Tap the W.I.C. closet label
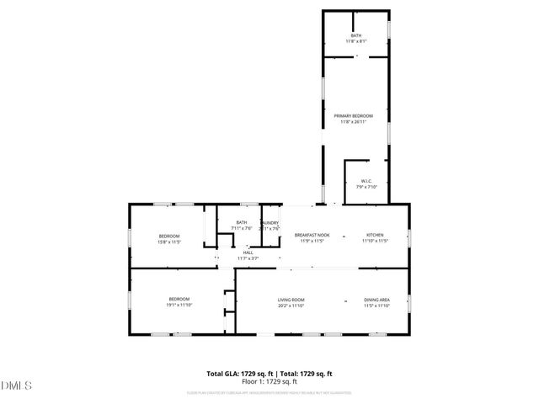tap(366, 181)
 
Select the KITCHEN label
tap(375, 235)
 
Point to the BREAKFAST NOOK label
tap(312, 235)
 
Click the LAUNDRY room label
tap(270, 223)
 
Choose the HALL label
tap(248, 252)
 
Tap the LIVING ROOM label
tap(291, 300)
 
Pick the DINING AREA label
tap(376, 300)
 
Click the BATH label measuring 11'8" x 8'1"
tap(356, 35)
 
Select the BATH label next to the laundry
tap(241, 223)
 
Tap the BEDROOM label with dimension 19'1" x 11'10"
tap(179, 299)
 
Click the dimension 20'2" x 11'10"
tap(291, 306)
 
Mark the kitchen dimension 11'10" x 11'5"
tap(375, 241)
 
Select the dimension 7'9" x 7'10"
tap(366, 187)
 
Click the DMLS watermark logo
tap(17, 385)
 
